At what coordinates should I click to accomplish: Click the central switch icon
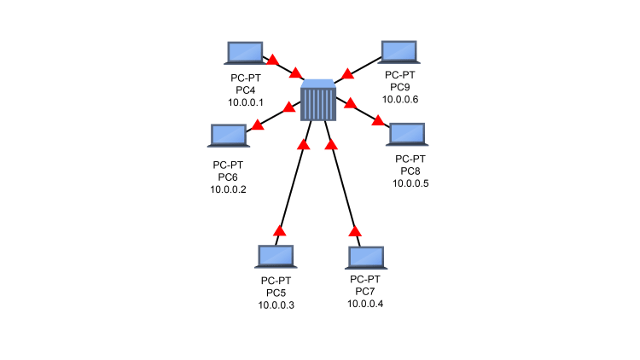[x=318, y=100]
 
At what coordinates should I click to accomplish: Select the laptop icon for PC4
[x=246, y=53]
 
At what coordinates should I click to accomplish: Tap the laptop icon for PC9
[x=399, y=52]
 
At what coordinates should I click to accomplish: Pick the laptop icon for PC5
[x=276, y=257]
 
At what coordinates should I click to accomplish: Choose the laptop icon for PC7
[x=366, y=258]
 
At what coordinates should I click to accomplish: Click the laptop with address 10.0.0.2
[x=228, y=136]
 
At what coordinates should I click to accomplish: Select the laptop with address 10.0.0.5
[x=407, y=135]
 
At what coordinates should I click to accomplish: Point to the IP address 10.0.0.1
[x=246, y=102]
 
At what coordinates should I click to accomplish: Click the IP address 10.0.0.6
[x=399, y=99]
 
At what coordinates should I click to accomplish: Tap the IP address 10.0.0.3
[x=276, y=305]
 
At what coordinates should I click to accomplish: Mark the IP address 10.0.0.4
[x=365, y=305]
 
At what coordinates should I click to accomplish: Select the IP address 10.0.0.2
[x=228, y=189]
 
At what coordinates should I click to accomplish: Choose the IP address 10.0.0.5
[x=410, y=183]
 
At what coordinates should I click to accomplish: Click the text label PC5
[x=276, y=293]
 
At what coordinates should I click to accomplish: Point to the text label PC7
[x=365, y=292]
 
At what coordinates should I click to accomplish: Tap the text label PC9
[x=399, y=86]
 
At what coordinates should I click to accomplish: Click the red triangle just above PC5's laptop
[x=278, y=230]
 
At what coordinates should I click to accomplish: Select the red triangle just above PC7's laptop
[x=355, y=230]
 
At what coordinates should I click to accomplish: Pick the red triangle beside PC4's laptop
[x=273, y=61]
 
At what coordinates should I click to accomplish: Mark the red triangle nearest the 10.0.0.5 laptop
[x=378, y=122]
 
